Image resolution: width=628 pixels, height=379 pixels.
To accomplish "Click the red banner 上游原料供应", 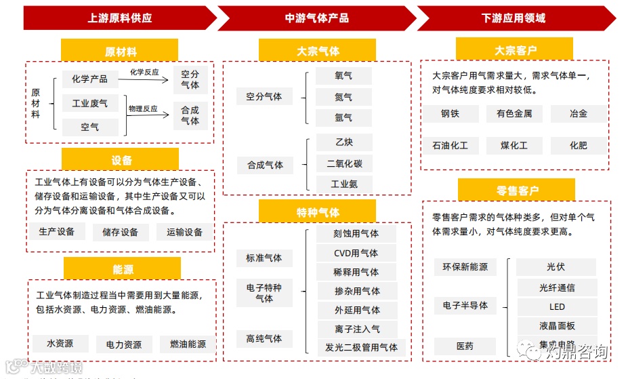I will click(x=120, y=18).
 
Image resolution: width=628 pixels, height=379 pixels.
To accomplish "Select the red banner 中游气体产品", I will click(x=316, y=18).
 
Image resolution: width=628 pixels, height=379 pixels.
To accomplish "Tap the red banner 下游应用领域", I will click(x=513, y=18).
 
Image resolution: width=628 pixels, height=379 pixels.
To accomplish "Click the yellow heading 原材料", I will click(x=120, y=51).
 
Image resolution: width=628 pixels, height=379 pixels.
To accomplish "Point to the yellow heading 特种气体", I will click(x=317, y=212).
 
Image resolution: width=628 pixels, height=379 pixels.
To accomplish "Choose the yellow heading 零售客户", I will click(x=516, y=191).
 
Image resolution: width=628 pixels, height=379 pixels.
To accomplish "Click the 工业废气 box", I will click(x=90, y=103).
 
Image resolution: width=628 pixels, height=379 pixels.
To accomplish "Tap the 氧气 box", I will click(x=343, y=76).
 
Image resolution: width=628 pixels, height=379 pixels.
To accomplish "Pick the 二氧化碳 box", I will click(x=343, y=163).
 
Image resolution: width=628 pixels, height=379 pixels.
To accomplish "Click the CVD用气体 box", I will click(x=356, y=253).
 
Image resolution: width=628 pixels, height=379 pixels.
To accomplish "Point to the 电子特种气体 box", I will click(x=264, y=293).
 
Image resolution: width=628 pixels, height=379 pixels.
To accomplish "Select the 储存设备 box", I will click(x=120, y=232).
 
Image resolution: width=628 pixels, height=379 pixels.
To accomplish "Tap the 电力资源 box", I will click(x=124, y=344).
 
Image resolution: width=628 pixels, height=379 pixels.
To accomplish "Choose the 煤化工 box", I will click(x=514, y=145).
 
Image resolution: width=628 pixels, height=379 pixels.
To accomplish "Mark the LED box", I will click(x=556, y=306).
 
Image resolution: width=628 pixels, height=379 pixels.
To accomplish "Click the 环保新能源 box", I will click(x=465, y=266).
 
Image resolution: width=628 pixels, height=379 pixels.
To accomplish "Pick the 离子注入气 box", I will click(x=356, y=330).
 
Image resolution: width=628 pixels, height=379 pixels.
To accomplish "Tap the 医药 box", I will click(x=465, y=346).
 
